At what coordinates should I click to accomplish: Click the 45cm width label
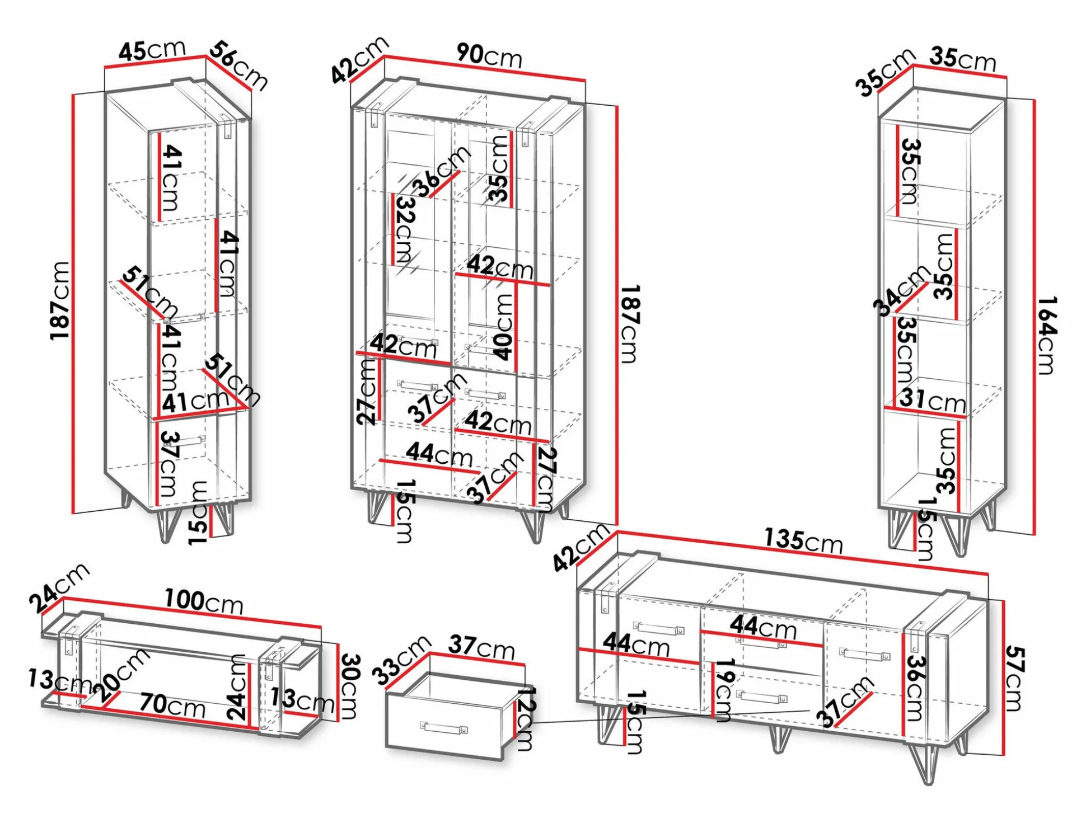tap(152, 50)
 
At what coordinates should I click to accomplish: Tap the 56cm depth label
tap(238, 65)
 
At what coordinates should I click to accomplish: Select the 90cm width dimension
tap(489, 55)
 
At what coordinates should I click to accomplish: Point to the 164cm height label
tap(1046, 335)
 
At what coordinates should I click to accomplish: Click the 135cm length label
tap(803, 540)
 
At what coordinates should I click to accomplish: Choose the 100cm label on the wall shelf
tap(204, 601)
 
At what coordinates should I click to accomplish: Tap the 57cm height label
tap(1014, 678)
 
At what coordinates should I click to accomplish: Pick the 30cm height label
tap(349, 686)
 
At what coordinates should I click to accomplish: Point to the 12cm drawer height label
tap(526, 718)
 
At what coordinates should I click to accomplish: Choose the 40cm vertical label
tap(503, 327)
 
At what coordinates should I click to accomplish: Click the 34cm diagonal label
tap(901, 290)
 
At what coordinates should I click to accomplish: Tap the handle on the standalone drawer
tap(444, 728)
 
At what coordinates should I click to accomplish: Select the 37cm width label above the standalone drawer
tap(481, 647)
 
